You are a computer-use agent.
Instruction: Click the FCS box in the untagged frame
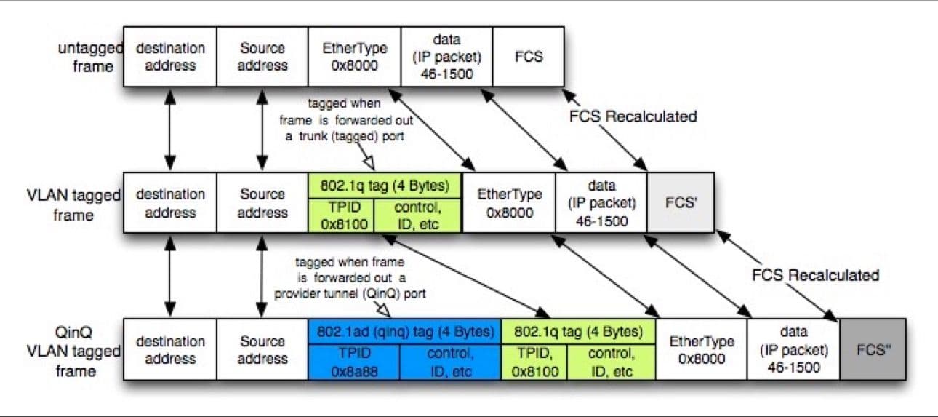tap(529, 57)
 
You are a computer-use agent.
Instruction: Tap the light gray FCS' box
tap(681, 202)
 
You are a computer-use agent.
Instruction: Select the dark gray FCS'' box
tap(873, 349)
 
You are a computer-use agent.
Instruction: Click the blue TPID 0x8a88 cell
tap(353, 361)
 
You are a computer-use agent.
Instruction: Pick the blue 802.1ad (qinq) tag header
tap(404, 331)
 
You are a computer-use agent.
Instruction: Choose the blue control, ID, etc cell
tap(449, 361)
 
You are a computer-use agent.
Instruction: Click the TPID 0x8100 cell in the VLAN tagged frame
tap(341, 215)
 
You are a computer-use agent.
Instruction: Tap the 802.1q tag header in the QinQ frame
tap(578, 331)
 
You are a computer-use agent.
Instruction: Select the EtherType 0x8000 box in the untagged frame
tap(354, 57)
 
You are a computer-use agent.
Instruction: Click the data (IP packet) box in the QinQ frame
tap(793, 349)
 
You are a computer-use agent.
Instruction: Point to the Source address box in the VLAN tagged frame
tap(263, 203)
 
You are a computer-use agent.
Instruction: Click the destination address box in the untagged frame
tap(170, 57)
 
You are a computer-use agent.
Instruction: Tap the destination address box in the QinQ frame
tap(170, 349)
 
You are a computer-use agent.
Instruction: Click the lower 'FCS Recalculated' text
tap(815, 275)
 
